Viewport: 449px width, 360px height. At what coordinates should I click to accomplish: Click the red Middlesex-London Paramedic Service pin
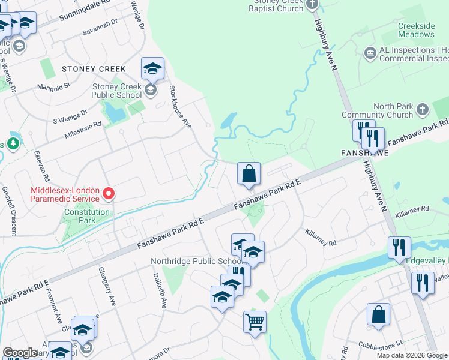tap(109, 194)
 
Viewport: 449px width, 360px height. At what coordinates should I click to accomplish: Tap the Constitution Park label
tap(87, 216)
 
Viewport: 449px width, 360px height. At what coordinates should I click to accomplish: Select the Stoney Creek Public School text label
tap(116, 91)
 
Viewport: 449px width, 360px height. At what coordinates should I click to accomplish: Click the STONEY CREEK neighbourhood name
tap(94, 69)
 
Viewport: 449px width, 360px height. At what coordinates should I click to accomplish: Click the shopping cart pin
tap(255, 322)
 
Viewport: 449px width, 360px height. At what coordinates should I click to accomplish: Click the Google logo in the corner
tap(19, 353)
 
